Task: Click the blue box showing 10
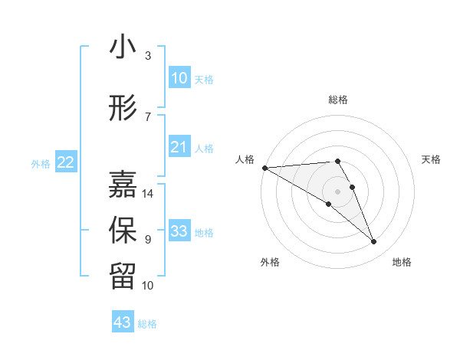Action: click(x=179, y=78)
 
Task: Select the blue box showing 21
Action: click(x=179, y=147)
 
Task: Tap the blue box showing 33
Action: click(x=179, y=231)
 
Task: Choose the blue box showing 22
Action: click(x=65, y=162)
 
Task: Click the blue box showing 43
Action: click(x=123, y=322)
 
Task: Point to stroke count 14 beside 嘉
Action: click(x=148, y=194)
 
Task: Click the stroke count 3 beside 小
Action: click(x=148, y=56)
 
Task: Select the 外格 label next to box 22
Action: click(x=41, y=163)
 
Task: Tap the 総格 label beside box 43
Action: click(x=147, y=324)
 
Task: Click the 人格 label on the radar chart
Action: click(x=245, y=159)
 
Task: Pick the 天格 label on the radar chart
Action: click(x=431, y=159)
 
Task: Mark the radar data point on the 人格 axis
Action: click(x=264, y=168)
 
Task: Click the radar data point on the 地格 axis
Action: click(x=373, y=242)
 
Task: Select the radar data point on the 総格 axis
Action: click(x=337, y=161)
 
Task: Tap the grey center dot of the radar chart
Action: click(x=337, y=191)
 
